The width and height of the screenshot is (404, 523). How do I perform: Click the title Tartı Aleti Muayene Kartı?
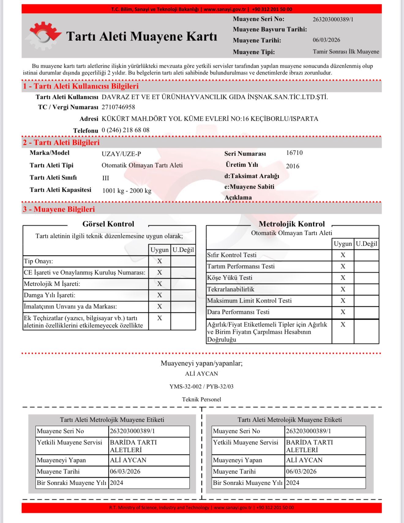142,36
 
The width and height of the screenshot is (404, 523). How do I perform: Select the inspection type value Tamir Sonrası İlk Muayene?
346,51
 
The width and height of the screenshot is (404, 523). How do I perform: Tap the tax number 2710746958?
118,107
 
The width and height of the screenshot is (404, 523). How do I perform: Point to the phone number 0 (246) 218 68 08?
125,130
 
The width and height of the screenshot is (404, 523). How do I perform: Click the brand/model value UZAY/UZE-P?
121,154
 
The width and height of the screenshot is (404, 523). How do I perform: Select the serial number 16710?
294,153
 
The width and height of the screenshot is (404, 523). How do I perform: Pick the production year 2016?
293,166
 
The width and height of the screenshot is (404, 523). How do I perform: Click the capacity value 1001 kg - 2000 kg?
127,190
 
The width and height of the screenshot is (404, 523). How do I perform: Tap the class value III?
106,178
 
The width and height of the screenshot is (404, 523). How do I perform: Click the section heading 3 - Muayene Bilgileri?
59,209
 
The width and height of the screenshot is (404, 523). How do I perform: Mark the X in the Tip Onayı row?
159,261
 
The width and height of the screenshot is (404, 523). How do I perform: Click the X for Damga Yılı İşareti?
159,295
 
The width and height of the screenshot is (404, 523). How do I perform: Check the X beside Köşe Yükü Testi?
343,278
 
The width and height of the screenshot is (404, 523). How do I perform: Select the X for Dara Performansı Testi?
343,312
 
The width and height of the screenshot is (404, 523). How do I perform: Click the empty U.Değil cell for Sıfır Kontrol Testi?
366,255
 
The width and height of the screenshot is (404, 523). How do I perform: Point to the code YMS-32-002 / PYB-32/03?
201,386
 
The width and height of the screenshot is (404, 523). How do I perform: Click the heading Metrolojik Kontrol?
292,224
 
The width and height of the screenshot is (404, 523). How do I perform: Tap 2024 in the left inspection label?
117,483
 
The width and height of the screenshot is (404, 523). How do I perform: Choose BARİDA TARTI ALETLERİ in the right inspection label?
309,446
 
